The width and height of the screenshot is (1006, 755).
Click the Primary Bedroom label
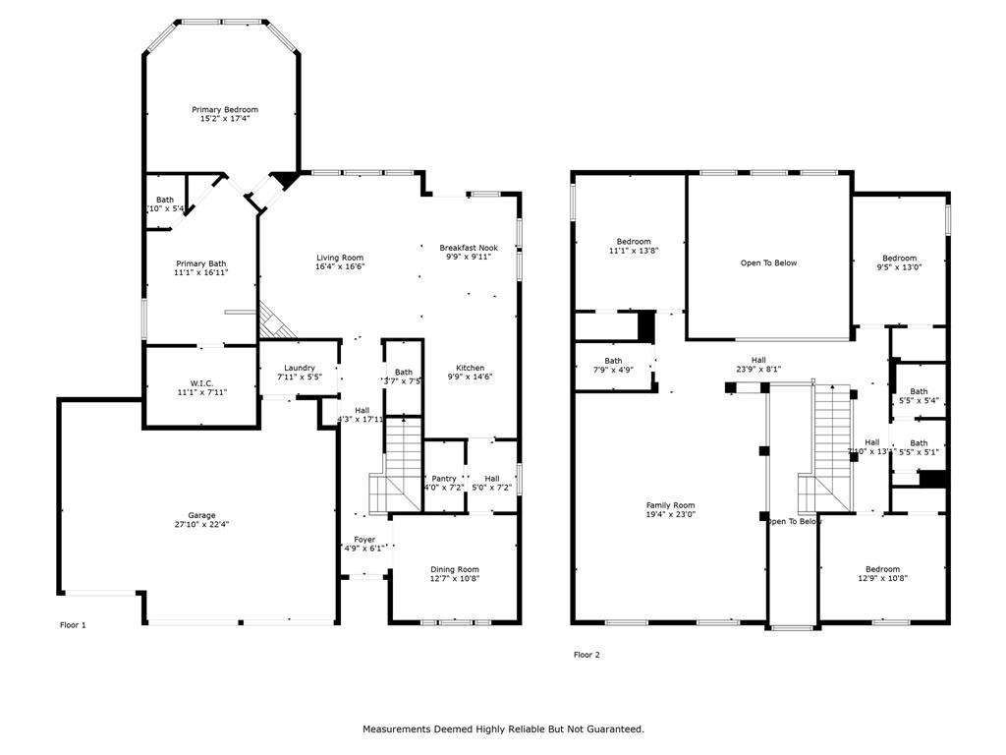(x=225, y=109)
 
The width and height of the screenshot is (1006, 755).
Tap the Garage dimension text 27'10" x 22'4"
(x=202, y=525)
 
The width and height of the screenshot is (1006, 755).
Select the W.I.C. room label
(x=201, y=383)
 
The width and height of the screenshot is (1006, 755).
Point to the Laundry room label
(x=300, y=368)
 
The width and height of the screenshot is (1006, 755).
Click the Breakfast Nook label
(x=469, y=248)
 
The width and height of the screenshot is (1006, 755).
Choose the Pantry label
(x=444, y=478)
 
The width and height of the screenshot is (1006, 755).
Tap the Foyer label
(x=364, y=539)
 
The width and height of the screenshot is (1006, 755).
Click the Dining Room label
(x=455, y=568)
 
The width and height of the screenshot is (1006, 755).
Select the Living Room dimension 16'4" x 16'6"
(x=340, y=267)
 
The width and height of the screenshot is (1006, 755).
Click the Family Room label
(x=670, y=504)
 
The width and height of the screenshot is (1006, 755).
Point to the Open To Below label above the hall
(x=768, y=262)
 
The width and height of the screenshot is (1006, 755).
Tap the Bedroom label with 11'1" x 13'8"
(x=634, y=242)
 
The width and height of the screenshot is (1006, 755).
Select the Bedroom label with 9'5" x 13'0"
(x=899, y=258)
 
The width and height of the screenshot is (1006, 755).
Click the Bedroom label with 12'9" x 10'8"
(x=882, y=568)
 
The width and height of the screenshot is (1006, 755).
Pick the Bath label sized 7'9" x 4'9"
(x=613, y=361)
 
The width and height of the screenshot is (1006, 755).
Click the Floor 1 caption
(x=74, y=625)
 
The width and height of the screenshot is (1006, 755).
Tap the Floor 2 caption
(x=587, y=655)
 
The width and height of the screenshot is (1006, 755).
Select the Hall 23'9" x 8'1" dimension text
(x=758, y=370)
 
